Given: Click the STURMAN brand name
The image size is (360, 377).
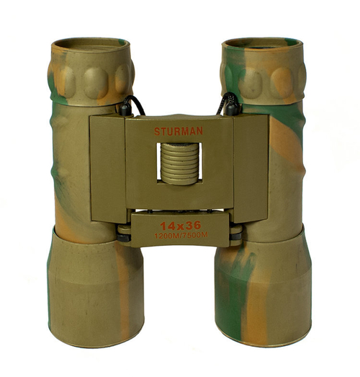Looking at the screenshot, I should [x=179, y=131].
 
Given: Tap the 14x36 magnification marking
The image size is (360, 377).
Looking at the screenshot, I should [x=179, y=224].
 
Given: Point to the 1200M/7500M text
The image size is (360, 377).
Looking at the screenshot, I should [x=179, y=236].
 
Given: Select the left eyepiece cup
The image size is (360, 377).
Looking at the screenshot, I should [x=90, y=68].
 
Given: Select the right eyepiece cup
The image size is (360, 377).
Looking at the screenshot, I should [x=263, y=68].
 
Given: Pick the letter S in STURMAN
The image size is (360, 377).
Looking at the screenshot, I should [x=157, y=131].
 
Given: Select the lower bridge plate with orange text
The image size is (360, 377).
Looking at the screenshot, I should [x=179, y=229].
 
